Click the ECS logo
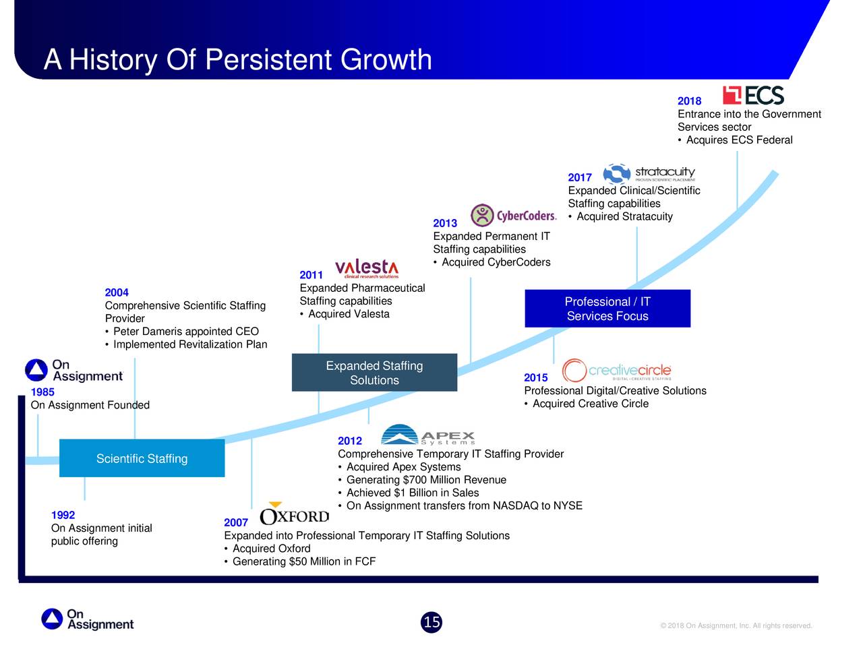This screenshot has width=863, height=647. pyautogui.click(x=753, y=95)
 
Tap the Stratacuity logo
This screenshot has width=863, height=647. pyautogui.click(x=649, y=173)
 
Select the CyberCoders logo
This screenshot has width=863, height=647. pyautogui.click(x=514, y=215)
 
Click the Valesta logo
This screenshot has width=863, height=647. pyautogui.click(x=366, y=269)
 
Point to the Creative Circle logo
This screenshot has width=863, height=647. pyautogui.click(x=616, y=370)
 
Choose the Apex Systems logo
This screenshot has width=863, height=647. pyautogui.click(x=427, y=435)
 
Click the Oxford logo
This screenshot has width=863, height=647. pyautogui.click(x=295, y=514)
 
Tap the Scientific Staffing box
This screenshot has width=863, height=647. pyautogui.click(x=142, y=458)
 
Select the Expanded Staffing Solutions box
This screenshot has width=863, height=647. pyautogui.click(x=374, y=373)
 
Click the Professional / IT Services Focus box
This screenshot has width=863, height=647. pyautogui.click(x=607, y=309)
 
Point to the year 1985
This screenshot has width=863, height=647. pyautogui.click(x=42, y=392)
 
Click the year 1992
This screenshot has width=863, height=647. pyautogui.click(x=63, y=515)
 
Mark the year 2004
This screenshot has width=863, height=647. pyautogui.click(x=117, y=292)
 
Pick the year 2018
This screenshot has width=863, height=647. pyautogui.click(x=689, y=101)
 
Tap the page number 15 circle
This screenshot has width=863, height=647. pyautogui.click(x=431, y=622)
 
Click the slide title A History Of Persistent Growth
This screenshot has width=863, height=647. pyautogui.click(x=238, y=60)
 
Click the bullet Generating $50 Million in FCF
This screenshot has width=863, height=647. pyautogui.click(x=300, y=561)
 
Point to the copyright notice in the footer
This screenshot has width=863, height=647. pyautogui.click(x=736, y=625)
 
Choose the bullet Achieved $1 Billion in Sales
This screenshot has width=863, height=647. pyautogui.click(x=409, y=493)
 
